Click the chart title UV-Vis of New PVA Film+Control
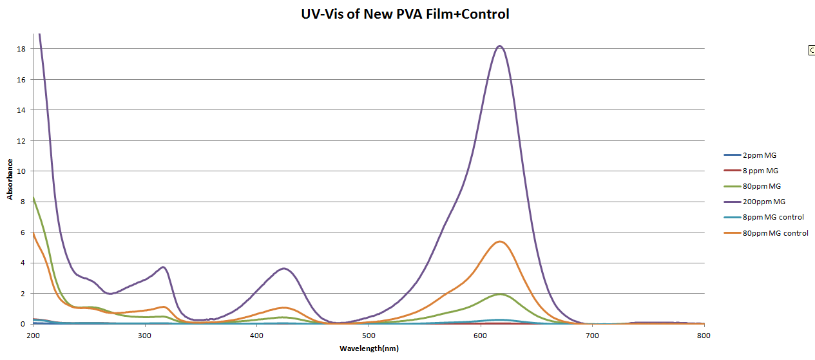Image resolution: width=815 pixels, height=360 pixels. click(405, 14)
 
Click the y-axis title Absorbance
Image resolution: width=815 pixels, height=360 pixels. click(10, 179)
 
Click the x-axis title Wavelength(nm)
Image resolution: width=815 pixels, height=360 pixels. click(369, 348)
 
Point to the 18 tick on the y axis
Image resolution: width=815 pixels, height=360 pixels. click(21, 49)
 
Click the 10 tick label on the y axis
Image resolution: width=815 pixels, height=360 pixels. click(21, 171)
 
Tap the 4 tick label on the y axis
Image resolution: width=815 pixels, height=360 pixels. click(23, 263)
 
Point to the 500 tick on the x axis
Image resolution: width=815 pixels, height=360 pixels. click(369, 336)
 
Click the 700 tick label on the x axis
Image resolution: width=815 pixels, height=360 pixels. click(593, 336)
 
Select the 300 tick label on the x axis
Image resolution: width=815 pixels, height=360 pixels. click(145, 336)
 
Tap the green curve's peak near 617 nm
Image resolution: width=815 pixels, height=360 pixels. click(501, 294)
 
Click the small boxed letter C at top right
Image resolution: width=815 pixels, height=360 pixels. click(812, 50)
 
